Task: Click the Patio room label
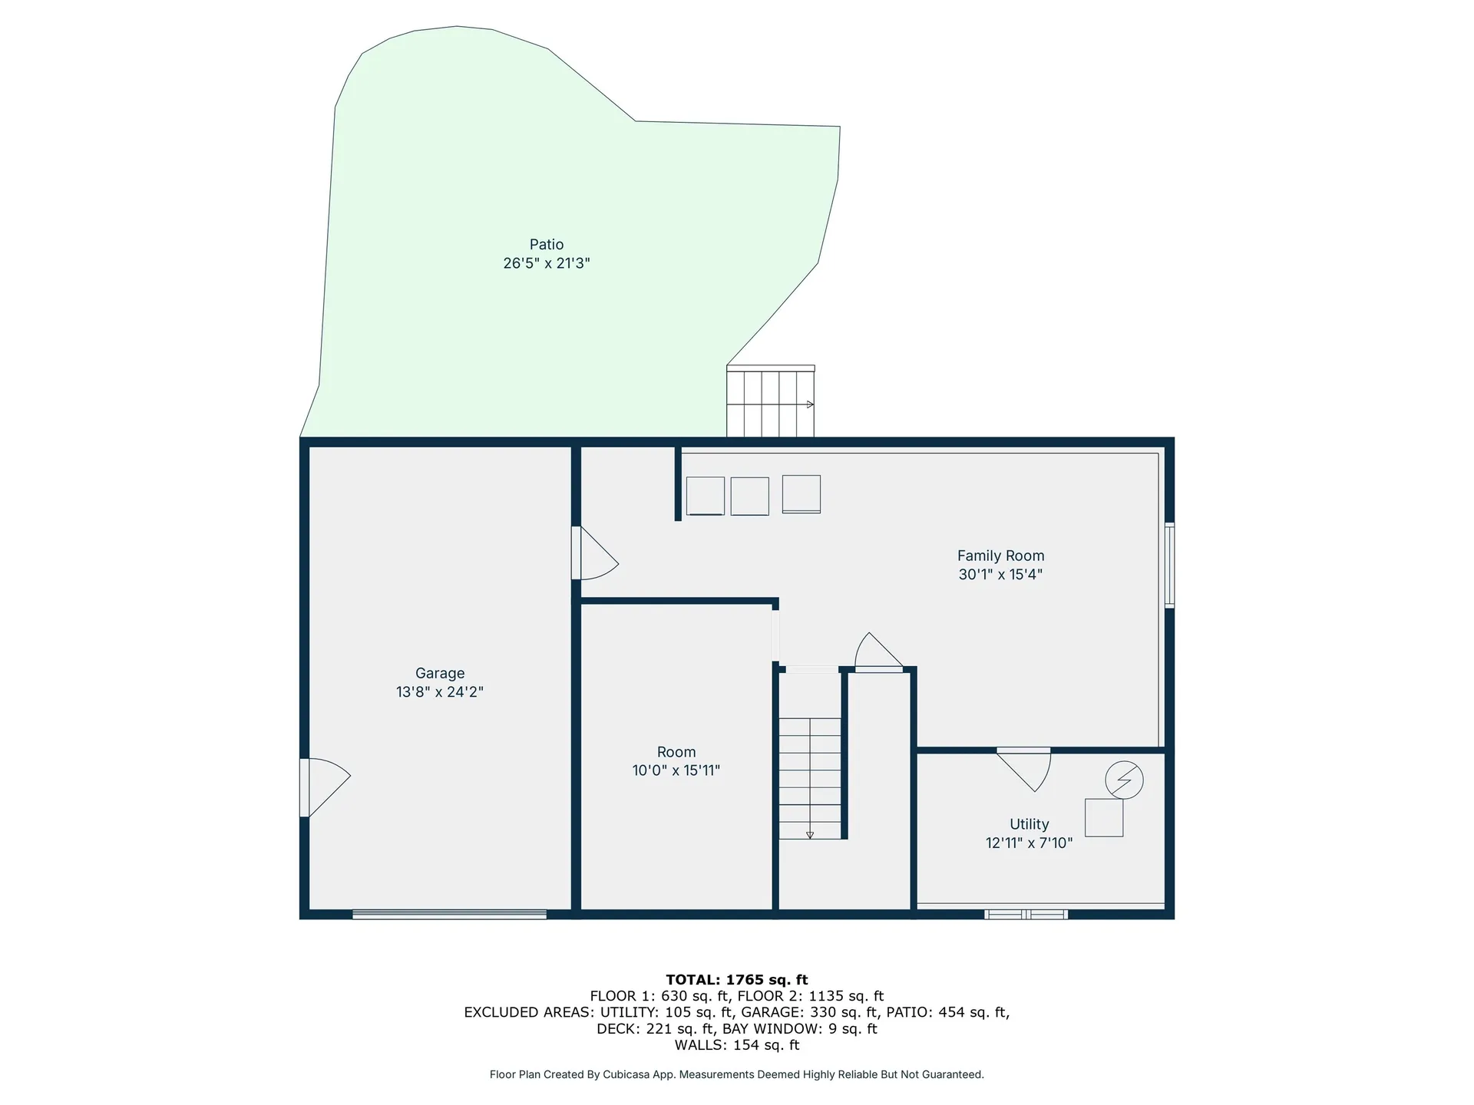click(x=547, y=244)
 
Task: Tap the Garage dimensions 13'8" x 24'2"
click(x=439, y=691)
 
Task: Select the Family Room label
click(x=1000, y=556)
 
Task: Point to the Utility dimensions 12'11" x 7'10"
click(x=1029, y=843)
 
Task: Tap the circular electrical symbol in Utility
click(x=1124, y=780)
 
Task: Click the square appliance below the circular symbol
click(x=1104, y=817)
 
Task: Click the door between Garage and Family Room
click(x=593, y=554)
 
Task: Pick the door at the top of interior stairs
click(x=878, y=654)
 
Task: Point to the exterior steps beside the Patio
click(x=770, y=402)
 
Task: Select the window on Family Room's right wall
click(x=1169, y=566)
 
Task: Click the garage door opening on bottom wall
click(x=449, y=914)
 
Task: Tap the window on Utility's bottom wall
click(x=1026, y=914)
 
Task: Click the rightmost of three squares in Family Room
click(x=801, y=493)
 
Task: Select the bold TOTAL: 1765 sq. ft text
click(x=736, y=979)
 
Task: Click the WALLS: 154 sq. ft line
click(x=736, y=1045)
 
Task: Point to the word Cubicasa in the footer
click(x=623, y=1074)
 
